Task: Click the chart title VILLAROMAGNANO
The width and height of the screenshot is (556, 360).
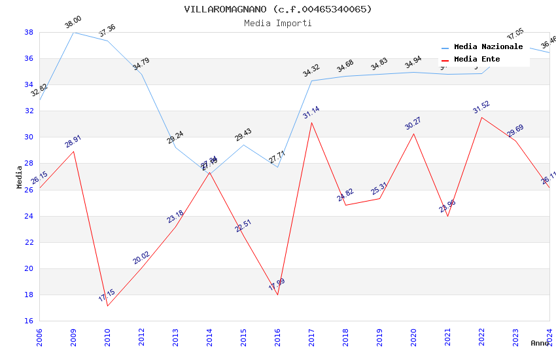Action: coord(278,9)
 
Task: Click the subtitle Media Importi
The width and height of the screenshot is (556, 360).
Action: coord(278,23)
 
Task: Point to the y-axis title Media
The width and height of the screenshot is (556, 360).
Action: coord(20,177)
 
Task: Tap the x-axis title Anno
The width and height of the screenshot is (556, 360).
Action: coord(540,343)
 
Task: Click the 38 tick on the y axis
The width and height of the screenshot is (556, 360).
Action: coord(29,32)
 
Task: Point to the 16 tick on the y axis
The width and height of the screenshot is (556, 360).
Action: coord(29,321)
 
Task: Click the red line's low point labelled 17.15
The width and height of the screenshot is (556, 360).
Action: coord(107,306)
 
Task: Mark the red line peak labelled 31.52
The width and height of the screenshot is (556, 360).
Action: coord(481,117)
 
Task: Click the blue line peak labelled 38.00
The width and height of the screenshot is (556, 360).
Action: coord(73,32)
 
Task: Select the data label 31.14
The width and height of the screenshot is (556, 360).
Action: coord(311,113)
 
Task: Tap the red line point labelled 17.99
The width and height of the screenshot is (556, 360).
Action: coord(277,295)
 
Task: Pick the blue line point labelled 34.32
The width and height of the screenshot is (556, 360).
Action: coord(311,81)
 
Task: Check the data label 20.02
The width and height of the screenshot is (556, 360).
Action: coord(141,258)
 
